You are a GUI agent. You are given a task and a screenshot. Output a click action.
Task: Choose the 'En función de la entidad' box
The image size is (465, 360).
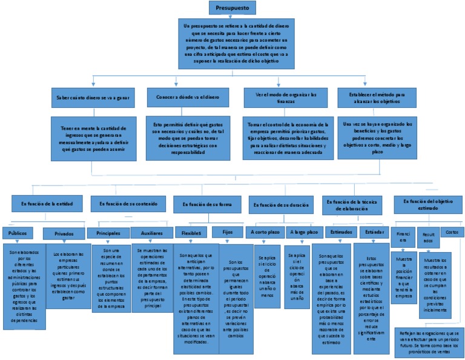coord(42,204)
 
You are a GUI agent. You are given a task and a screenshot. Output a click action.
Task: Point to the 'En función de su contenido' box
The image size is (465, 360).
coord(127,204)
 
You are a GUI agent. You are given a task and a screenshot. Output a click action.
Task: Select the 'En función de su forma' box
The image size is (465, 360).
coord(207,204)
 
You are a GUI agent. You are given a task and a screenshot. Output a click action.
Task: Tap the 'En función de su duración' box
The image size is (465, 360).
coord(282,205)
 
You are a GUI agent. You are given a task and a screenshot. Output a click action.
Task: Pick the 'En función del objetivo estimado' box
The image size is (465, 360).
coord(427,205)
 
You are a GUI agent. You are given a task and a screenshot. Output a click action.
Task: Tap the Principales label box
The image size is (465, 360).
coord(108,233)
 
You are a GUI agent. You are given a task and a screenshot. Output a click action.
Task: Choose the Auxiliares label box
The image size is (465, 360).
coord(152,233)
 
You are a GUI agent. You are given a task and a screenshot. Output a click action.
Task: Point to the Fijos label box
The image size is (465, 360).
coord(227,232)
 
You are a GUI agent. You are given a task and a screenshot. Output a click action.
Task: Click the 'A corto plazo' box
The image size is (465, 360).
coord(265,232)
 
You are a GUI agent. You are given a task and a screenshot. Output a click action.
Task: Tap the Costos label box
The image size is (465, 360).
coord(452,232)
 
